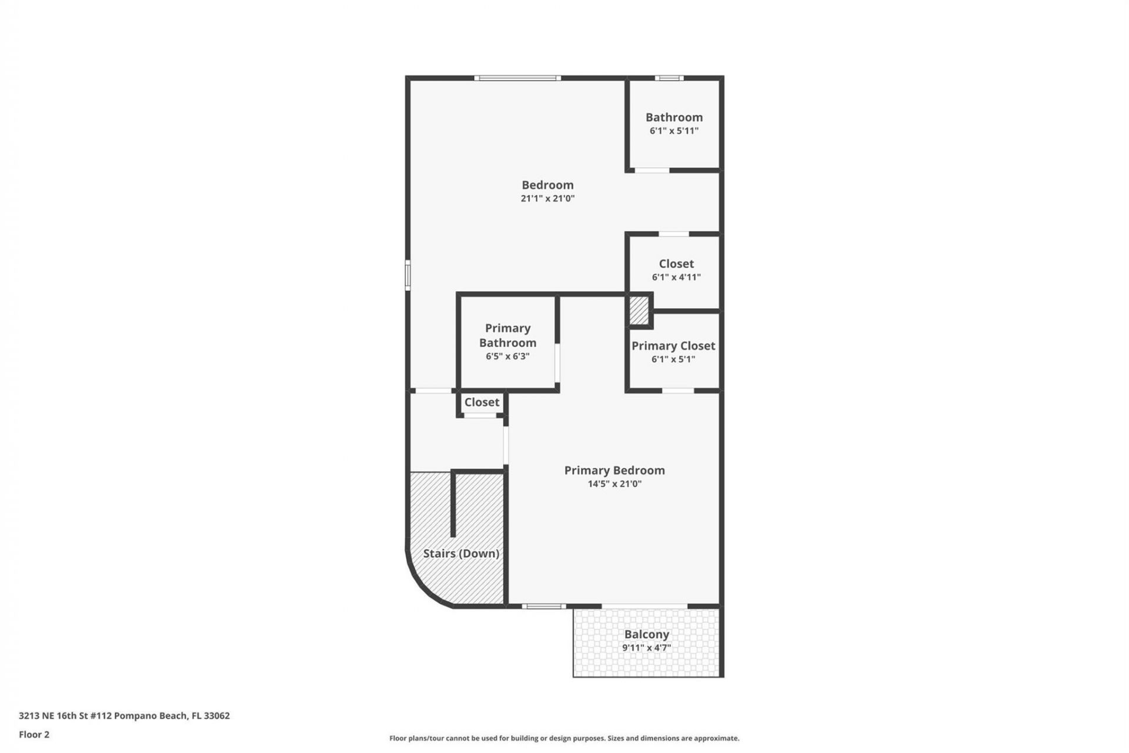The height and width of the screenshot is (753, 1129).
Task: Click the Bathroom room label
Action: pyautogui.click(x=674, y=117)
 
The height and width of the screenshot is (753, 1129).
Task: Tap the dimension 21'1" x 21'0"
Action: pyautogui.click(x=547, y=198)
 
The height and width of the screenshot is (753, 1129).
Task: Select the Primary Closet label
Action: pyautogui.click(x=673, y=345)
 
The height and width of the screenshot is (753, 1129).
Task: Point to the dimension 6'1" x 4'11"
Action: pyautogui.click(x=676, y=277)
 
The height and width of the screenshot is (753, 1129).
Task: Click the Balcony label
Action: pyautogui.click(x=646, y=634)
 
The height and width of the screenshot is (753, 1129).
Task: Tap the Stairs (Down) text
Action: pyautogui.click(x=461, y=553)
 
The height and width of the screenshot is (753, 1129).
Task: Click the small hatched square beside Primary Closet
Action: pyautogui.click(x=639, y=310)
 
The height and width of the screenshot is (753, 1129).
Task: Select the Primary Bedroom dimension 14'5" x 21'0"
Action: pyautogui.click(x=614, y=484)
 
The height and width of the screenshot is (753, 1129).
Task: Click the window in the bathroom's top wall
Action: pyautogui.click(x=669, y=78)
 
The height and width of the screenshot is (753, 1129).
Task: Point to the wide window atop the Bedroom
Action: pyautogui.click(x=517, y=78)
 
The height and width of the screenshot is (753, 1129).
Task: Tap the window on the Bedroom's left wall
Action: pyautogui.click(x=407, y=275)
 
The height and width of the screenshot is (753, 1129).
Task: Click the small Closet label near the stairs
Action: pyautogui.click(x=482, y=402)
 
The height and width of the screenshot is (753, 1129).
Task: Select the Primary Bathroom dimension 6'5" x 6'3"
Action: pyautogui.click(x=507, y=356)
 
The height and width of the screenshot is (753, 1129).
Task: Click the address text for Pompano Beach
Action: pyautogui.click(x=124, y=715)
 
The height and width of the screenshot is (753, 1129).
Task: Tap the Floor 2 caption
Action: pyautogui.click(x=34, y=734)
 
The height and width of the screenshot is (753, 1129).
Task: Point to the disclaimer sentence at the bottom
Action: pyautogui.click(x=564, y=738)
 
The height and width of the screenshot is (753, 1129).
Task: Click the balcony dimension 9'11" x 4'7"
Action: pyautogui.click(x=646, y=648)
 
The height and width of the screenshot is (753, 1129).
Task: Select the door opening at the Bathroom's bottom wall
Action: pyautogui.click(x=652, y=171)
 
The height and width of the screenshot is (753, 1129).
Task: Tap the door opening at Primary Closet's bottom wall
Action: pyautogui.click(x=678, y=391)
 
